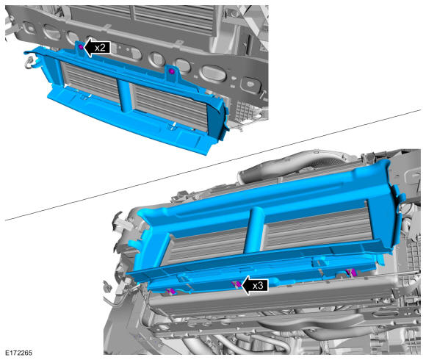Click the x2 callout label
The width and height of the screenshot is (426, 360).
click(x=100, y=48)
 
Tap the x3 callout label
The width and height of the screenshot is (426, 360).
click(x=258, y=286)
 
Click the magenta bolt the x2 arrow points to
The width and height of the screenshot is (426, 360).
click(x=81, y=47)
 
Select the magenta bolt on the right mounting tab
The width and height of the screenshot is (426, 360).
click(x=171, y=71)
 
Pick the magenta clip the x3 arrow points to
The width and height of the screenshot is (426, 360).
click(x=237, y=284)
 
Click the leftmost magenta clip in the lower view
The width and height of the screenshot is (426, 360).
click(x=171, y=291)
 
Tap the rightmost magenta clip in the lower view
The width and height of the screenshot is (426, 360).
click(x=350, y=272)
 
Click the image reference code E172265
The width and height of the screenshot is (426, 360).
click(x=19, y=353)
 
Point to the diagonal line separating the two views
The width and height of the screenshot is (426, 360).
click(x=213, y=165)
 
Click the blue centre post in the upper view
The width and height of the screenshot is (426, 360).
click(x=124, y=95)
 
